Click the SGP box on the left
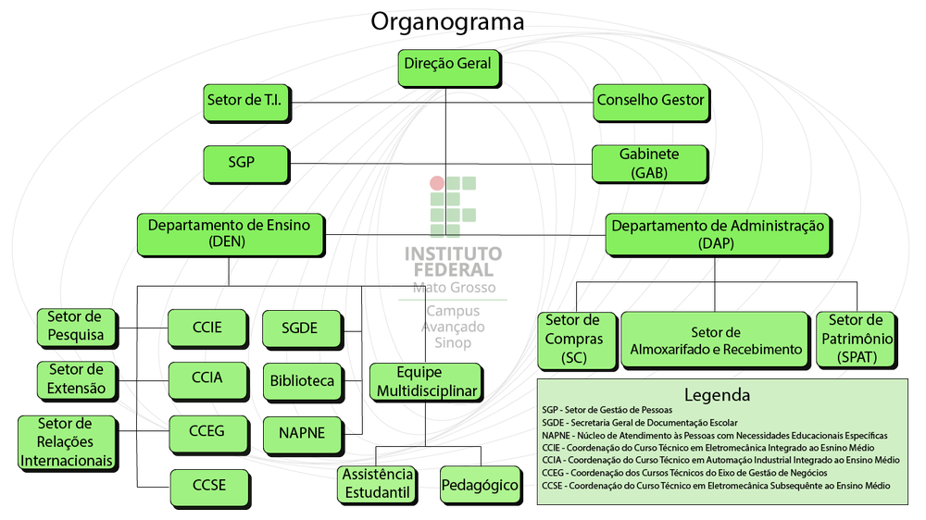(242, 164)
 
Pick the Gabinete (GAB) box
(649, 163)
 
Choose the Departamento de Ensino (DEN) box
(230, 234)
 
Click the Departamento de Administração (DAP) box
(718, 234)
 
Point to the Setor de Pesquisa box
(76, 326)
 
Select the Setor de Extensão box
(76, 379)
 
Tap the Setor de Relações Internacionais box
(68, 442)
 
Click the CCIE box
(206, 328)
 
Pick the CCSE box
(209, 486)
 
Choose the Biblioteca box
(302, 380)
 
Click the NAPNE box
(302, 432)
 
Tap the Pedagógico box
(480, 485)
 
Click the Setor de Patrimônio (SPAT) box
(855, 339)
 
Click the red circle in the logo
(437, 183)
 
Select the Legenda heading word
(717, 395)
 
